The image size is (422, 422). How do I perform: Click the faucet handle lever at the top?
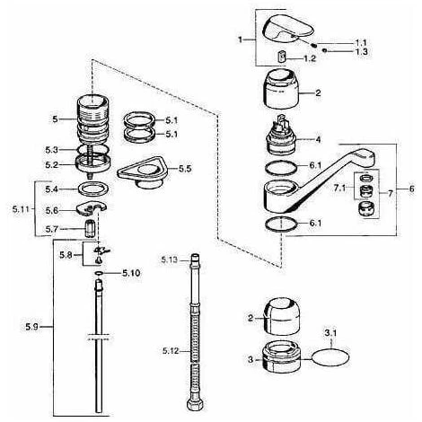(288, 30)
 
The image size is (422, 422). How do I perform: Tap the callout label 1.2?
(310, 58)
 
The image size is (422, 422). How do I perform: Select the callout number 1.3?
(362, 51)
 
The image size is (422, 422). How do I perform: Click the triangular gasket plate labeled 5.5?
(143, 172)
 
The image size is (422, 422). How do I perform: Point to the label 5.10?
(131, 273)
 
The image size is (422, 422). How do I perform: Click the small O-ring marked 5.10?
(99, 273)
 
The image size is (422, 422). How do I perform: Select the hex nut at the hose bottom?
(195, 404)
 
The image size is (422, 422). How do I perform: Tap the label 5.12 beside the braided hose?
(171, 351)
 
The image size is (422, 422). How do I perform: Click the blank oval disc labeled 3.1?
(330, 357)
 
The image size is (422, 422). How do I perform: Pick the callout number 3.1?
(330, 333)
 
